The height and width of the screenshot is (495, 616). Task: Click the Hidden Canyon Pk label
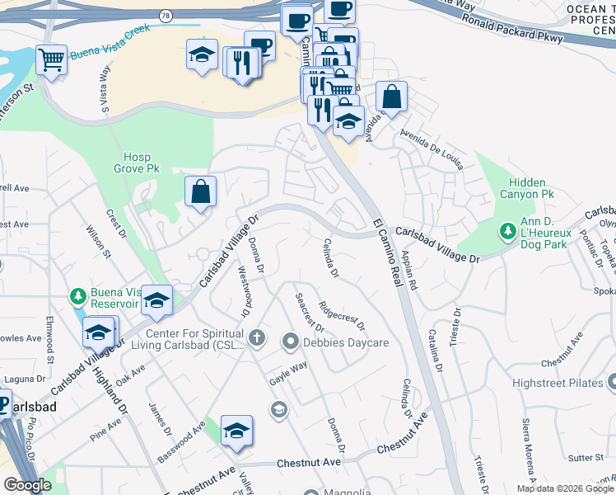526,188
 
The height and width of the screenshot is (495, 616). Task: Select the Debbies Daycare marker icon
290,340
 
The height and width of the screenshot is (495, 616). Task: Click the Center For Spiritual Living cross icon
257,337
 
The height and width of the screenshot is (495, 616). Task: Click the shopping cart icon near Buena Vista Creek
51,59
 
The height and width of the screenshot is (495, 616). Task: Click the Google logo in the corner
27,485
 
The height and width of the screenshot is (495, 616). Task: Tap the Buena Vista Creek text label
110,51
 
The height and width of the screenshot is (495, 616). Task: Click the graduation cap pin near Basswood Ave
236,430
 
